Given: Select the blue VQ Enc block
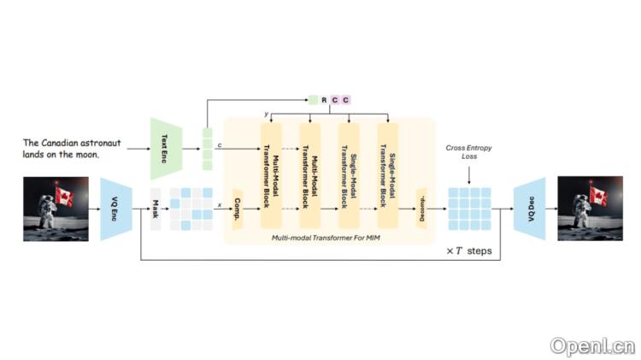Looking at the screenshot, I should point(115,209).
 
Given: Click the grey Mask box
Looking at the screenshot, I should point(156,209).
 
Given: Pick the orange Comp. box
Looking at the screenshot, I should point(238,209).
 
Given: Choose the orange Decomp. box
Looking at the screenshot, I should point(420,209).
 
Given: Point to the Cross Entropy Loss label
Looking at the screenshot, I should point(469,152).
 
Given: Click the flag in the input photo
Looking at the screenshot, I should point(64,196).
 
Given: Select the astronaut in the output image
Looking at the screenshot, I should point(579,215).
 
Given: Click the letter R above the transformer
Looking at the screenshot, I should point(324,100).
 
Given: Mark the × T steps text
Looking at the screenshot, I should point(468,251).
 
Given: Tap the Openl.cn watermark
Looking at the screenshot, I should point(591,345).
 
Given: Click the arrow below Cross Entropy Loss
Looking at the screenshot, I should point(469,174).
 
